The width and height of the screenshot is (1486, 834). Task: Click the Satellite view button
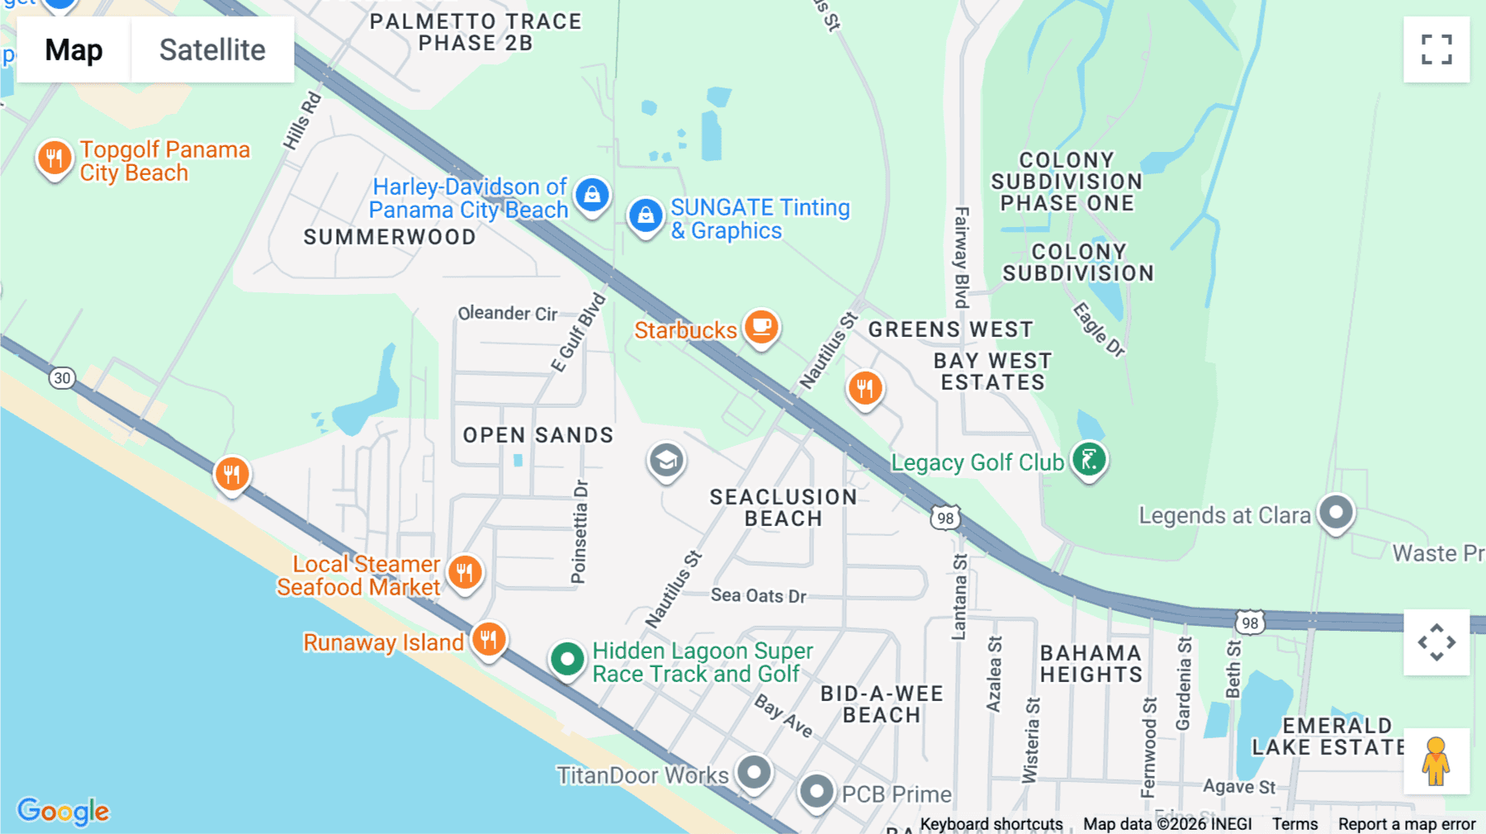(212, 50)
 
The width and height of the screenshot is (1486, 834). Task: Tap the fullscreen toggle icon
(1436, 50)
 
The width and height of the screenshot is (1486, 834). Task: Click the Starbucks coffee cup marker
(761, 327)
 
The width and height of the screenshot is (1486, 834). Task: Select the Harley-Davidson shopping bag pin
(592, 195)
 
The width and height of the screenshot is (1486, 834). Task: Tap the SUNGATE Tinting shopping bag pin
(646, 216)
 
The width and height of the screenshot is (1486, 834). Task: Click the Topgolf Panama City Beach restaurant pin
(54, 157)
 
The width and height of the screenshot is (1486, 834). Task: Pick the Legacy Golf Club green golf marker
(1089, 459)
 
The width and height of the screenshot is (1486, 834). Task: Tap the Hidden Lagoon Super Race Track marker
(567, 659)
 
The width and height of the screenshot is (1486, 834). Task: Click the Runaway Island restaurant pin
(489, 639)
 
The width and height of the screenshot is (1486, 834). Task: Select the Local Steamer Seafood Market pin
(465, 571)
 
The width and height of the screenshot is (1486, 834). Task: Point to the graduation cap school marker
(666, 461)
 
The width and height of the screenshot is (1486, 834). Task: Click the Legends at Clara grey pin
(1336, 513)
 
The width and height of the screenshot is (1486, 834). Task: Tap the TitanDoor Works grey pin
(754, 773)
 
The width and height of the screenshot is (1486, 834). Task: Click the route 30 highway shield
(62, 378)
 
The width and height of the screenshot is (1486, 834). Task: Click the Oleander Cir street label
(507, 314)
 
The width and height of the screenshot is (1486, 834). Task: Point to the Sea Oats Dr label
(758, 595)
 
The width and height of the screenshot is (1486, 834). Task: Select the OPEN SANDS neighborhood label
(537, 435)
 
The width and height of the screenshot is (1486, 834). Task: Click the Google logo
(64, 811)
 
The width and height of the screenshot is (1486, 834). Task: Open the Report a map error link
(1407, 824)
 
